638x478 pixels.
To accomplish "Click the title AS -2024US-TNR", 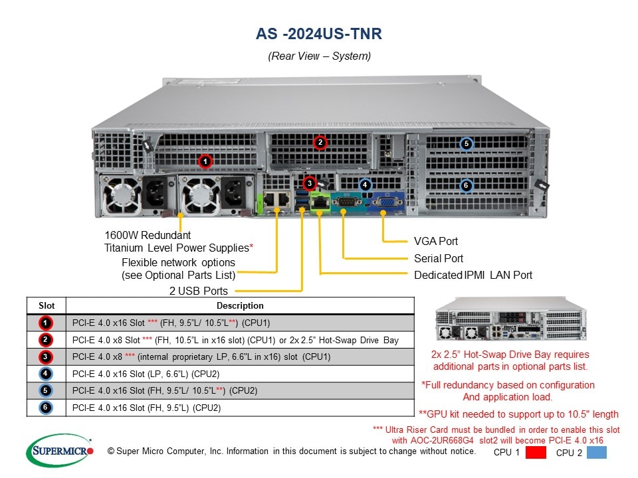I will tap(319, 34).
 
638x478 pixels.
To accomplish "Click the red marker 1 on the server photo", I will tap(206, 161).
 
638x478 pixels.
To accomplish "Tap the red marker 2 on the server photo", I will tap(320, 142).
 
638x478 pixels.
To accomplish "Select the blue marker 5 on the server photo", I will tap(467, 143).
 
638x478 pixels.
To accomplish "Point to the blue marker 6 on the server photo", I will tap(467, 185).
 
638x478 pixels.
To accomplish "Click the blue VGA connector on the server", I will tap(384, 202).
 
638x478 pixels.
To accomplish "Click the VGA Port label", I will tap(435, 242).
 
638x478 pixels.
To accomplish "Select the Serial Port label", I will tap(438, 258).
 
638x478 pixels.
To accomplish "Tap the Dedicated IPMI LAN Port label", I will tap(473, 275).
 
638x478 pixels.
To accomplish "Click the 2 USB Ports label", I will tap(198, 291).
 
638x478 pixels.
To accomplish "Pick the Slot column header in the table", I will tap(47, 306).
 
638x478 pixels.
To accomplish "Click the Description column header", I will tap(240, 306).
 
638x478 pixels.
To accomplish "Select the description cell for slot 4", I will tap(240, 374).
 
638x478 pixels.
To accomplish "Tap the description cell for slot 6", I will tap(240, 408).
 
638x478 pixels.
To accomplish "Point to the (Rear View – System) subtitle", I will tap(319, 56).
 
